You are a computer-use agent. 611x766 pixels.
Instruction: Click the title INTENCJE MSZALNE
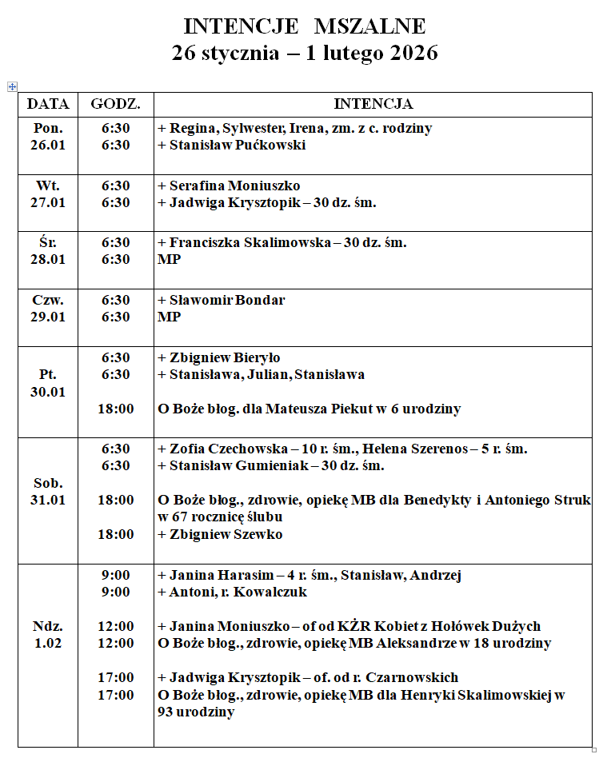305,26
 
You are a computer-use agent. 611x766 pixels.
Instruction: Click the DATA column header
48,104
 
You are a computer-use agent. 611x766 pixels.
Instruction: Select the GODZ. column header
116,104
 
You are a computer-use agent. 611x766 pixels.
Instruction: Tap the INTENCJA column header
373,104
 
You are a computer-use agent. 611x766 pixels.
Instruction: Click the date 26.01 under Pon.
48,145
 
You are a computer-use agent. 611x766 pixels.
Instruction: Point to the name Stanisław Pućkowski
238,145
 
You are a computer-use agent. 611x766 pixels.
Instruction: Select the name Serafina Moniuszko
234,186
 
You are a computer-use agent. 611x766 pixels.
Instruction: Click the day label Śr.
48,242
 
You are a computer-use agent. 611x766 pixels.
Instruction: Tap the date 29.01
48,317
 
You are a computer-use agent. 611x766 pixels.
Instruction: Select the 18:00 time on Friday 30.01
116,409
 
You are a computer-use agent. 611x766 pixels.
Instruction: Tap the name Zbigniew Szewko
226,534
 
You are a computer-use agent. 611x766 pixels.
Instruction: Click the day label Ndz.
48,626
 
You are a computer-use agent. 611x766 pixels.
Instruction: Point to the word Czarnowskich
438,677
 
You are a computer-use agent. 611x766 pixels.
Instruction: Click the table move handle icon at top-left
12,86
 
